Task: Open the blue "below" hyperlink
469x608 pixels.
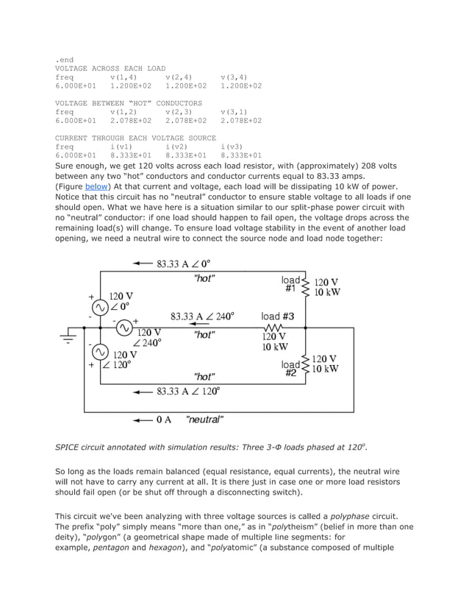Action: [96, 187]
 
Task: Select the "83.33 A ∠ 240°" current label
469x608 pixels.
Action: [203, 317]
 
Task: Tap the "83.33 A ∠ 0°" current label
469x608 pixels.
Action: [183, 264]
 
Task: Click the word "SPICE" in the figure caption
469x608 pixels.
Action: [68, 447]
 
